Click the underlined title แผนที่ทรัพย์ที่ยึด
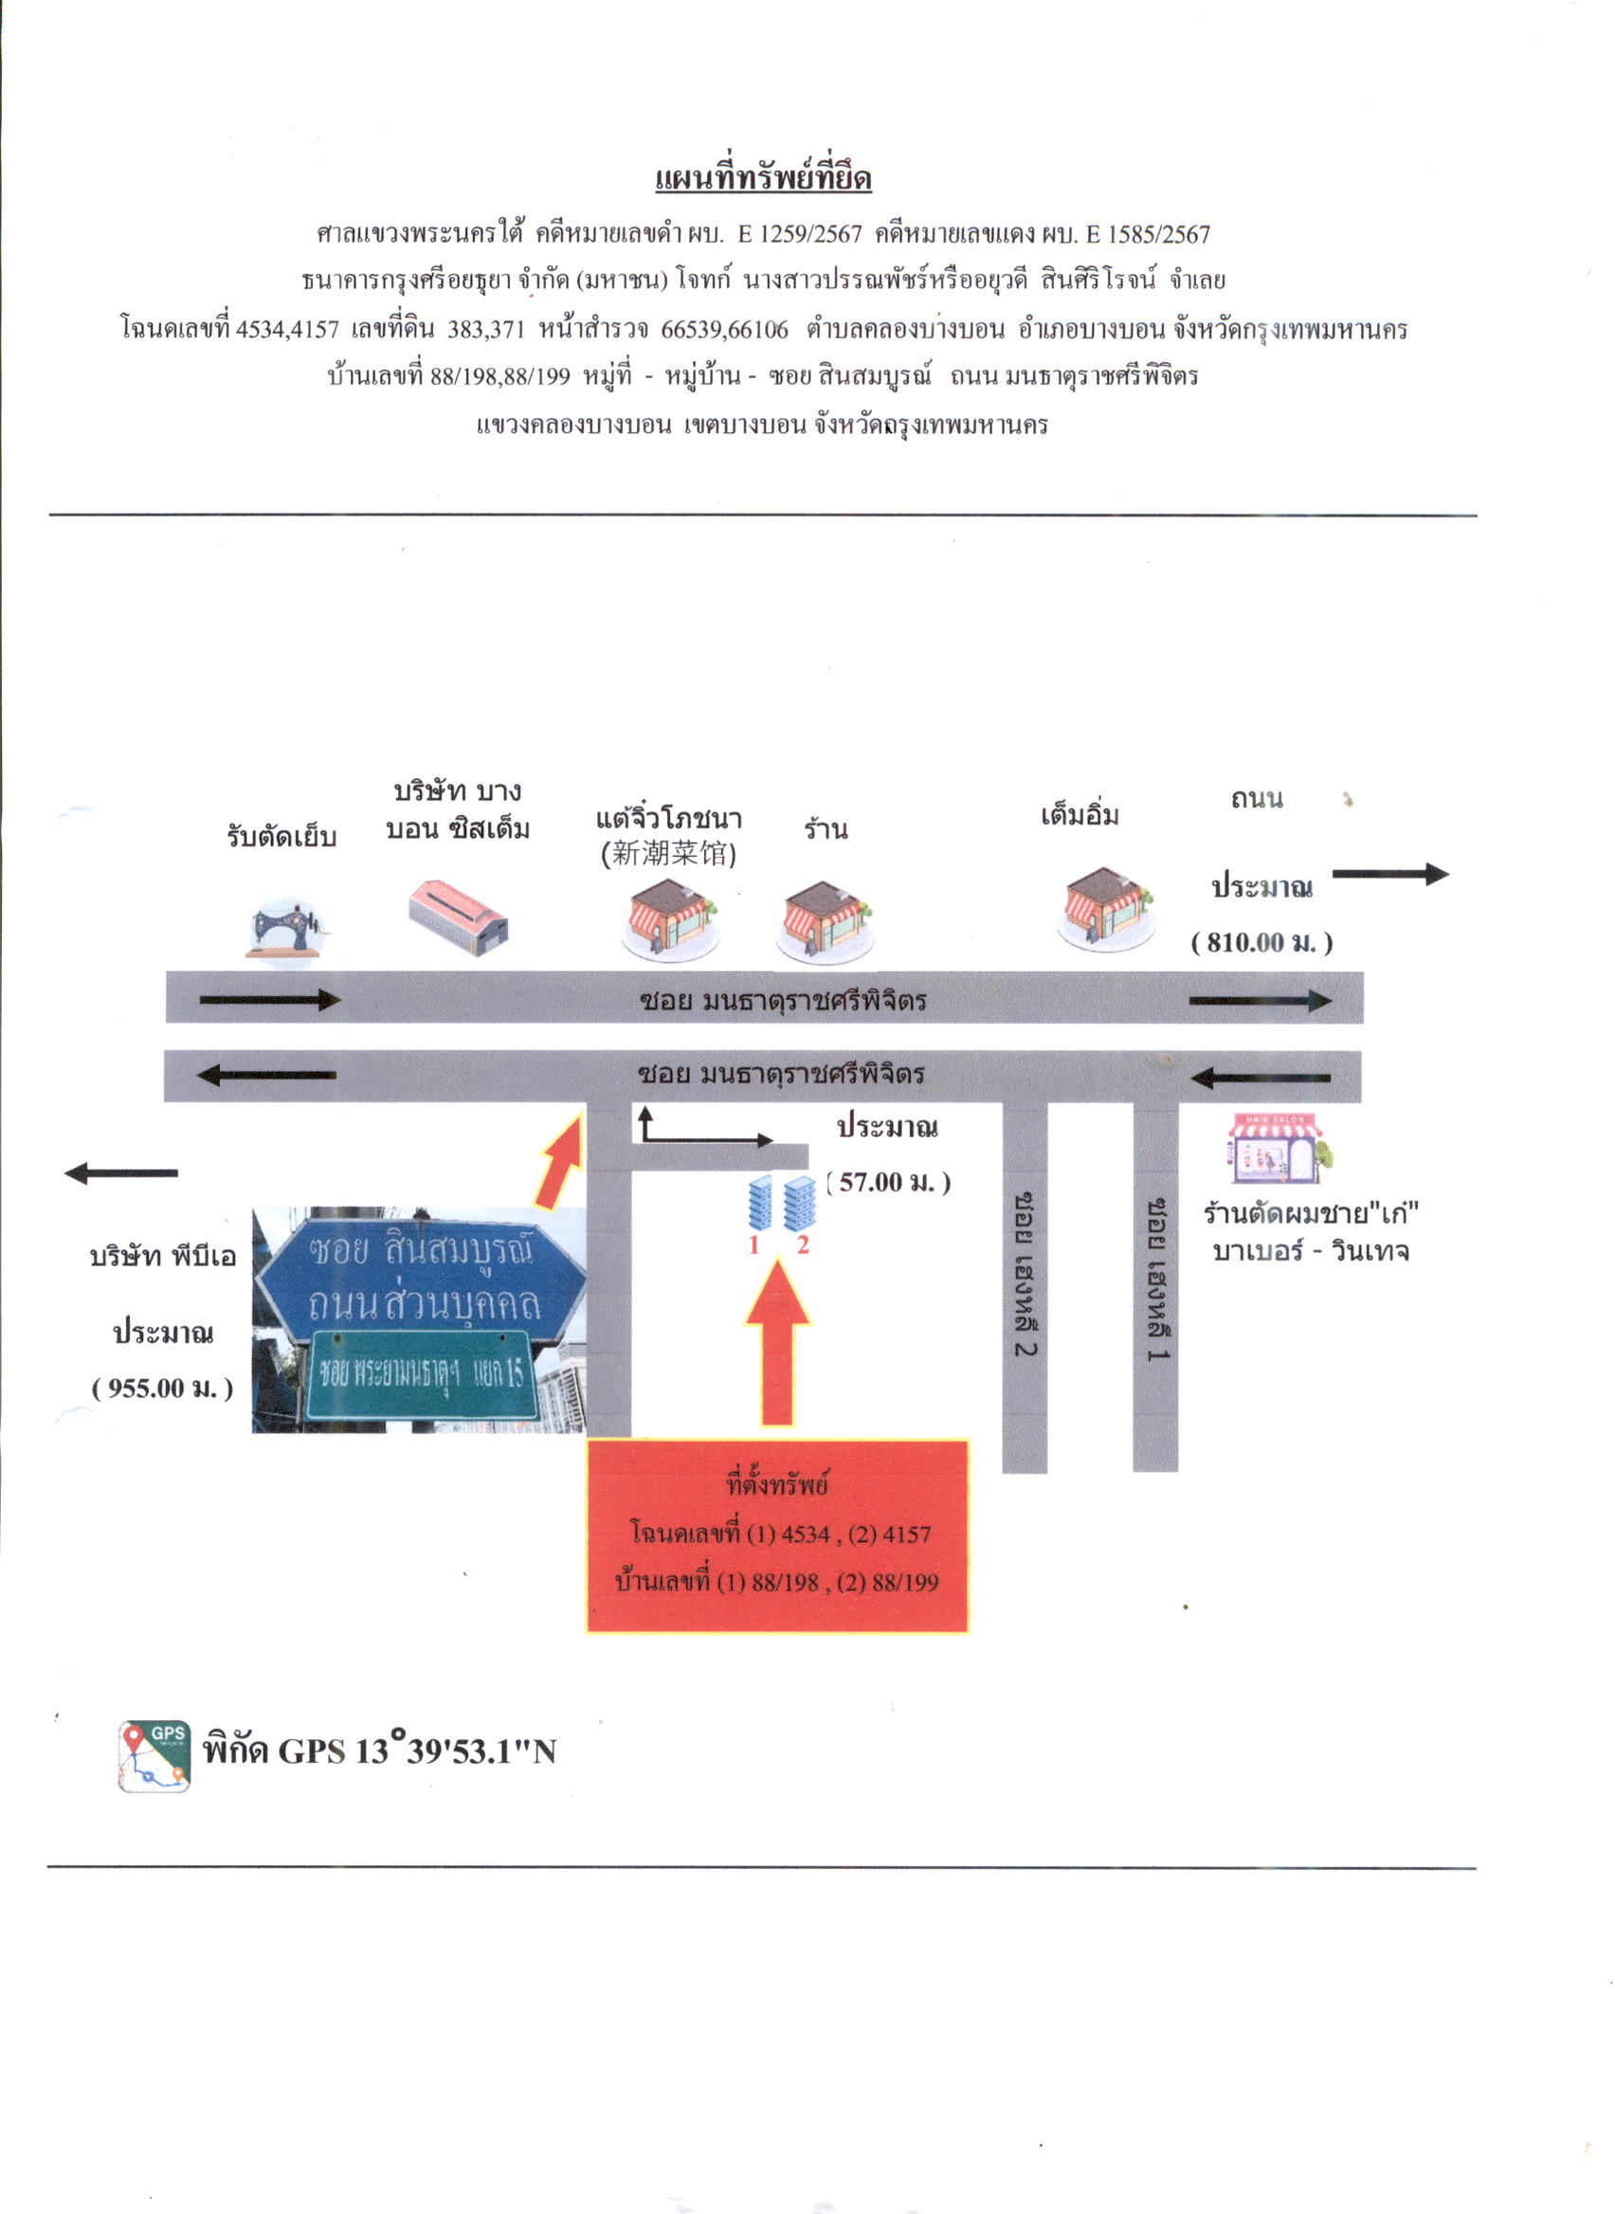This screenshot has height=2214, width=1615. coord(764,179)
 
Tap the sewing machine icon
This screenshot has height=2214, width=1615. coord(286,930)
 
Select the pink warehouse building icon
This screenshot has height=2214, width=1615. coord(459,917)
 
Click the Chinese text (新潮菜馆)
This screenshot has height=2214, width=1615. coord(669,854)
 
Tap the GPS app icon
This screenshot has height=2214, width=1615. coord(154,1756)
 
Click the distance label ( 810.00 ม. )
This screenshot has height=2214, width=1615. coord(1262,942)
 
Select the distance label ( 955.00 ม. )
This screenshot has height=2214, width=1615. coord(162,1388)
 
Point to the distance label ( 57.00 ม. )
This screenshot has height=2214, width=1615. coord(889,1183)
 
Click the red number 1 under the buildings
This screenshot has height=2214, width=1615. coord(753,1244)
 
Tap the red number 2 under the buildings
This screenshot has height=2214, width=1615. coord(803,1244)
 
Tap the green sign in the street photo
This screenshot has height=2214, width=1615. coord(424,1374)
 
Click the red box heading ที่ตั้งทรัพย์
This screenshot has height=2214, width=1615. coord(777,1485)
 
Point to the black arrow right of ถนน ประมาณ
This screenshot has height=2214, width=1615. coord(1390,874)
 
